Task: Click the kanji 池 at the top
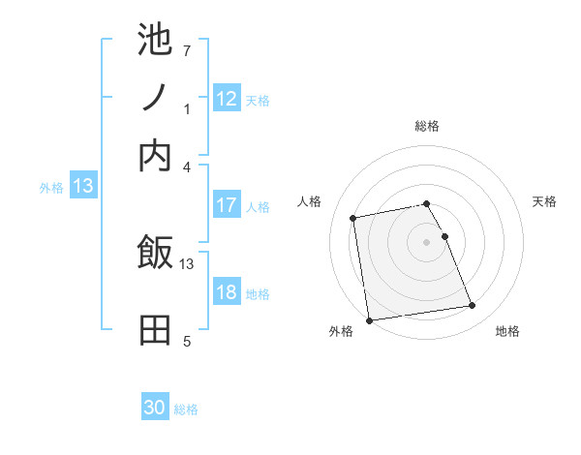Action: click(x=155, y=42)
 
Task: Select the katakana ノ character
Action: click(x=155, y=98)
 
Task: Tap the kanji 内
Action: click(x=155, y=155)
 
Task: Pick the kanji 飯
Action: click(x=155, y=254)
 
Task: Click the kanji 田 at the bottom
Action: click(x=155, y=330)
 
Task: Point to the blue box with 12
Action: click(x=227, y=99)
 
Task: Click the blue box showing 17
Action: click(x=227, y=206)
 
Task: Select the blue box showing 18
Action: click(x=227, y=292)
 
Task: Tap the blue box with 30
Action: click(x=155, y=409)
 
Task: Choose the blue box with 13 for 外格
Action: click(x=83, y=187)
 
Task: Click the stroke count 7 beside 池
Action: click(x=186, y=50)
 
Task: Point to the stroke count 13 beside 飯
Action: click(x=187, y=263)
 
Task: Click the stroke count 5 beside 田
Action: click(x=187, y=341)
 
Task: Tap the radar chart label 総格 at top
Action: click(x=427, y=126)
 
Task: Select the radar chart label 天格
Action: click(x=544, y=201)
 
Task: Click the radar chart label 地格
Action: click(x=507, y=332)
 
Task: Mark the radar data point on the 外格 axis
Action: click(x=369, y=319)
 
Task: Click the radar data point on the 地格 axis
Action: click(x=472, y=306)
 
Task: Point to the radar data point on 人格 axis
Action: click(x=354, y=218)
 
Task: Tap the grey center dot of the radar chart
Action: click(x=427, y=242)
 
